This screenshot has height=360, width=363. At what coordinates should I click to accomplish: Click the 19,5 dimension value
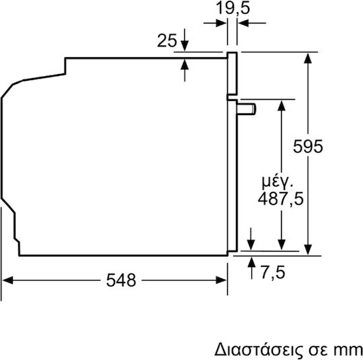233,8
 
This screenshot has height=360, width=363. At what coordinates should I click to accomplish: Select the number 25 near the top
167,40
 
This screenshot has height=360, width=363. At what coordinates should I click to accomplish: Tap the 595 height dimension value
308,147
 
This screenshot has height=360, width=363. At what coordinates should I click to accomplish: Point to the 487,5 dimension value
280,199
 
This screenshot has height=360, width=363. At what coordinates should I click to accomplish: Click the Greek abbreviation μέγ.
278,182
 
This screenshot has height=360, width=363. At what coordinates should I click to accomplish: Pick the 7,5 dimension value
273,272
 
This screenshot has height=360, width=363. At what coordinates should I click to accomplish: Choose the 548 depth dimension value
121,280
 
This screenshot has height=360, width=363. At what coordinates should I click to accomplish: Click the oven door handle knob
247,109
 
